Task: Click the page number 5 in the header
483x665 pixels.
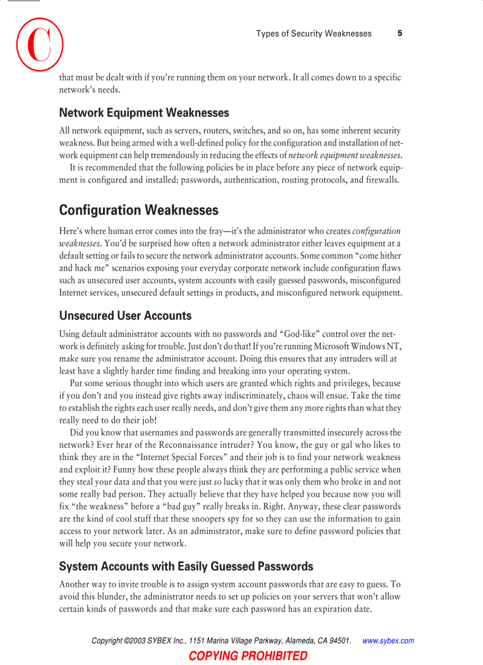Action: pyautogui.click(x=400, y=34)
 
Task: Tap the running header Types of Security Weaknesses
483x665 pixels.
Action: pyautogui.click(x=314, y=34)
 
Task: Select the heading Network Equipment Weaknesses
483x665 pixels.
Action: pyautogui.click(x=144, y=113)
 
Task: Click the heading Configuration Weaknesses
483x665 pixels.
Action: pyautogui.click(x=139, y=210)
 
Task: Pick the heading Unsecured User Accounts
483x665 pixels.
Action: pyautogui.click(x=125, y=316)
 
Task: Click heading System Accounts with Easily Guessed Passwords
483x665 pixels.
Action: pyautogui.click(x=186, y=567)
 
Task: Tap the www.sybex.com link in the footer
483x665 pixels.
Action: pyautogui.click(x=388, y=641)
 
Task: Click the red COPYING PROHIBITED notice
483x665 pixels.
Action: pyautogui.click(x=248, y=656)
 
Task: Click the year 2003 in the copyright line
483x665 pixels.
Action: pyautogui.click(x=137, y=641)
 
